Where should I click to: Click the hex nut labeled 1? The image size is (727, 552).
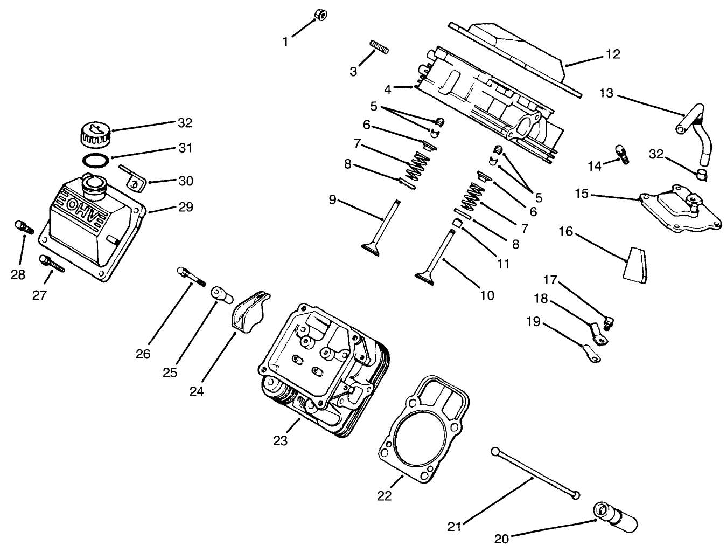click(x=321, y=14)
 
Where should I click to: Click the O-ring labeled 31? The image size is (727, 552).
click(x=96, y=160)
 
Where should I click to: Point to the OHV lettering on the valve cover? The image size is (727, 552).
click(x=85, y=208)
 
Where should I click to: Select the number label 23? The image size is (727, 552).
click(x=280, y=440)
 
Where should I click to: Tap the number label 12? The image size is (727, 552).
click(x=613, y=54)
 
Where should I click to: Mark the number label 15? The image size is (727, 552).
click(x=582, y=193)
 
